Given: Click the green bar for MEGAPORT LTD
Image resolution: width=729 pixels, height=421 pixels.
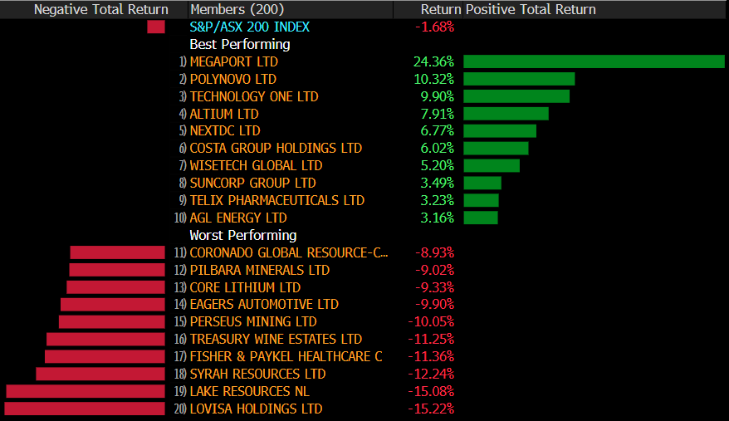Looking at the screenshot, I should click(x=594, y=61).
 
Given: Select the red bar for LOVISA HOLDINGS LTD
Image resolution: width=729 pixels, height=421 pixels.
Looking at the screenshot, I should click(x=85, y=409).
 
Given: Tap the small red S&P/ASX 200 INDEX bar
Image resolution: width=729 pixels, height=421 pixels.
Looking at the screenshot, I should click(x=156, y=27).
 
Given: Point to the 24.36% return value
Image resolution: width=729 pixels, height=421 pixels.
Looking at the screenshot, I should click(x=433, y=61).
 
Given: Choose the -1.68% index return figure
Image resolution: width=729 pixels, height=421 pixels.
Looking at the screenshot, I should click(x=434, y=27).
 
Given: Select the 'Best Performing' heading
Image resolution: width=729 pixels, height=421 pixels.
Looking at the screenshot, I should click(x=240, y=44).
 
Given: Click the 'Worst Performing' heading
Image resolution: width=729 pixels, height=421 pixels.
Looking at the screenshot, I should click(x=243, y=235).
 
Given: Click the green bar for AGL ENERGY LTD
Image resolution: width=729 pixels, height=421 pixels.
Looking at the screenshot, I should click(x=480, y=218).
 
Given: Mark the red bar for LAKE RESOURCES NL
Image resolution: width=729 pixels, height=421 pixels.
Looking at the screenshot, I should click(x=86, y=391).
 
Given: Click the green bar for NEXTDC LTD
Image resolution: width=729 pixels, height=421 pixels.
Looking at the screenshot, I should click(x=499, y=130).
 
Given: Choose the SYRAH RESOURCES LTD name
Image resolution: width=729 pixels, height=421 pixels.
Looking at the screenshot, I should click(x=257, y=374).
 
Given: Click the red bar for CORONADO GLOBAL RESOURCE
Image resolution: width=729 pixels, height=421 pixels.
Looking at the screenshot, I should click(x=118, y=252).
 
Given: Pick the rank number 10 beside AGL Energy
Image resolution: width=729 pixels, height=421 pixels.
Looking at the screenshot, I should click(x=179, y=218).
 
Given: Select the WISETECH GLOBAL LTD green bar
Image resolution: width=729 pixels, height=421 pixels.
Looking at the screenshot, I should click(x=491, y=165).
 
